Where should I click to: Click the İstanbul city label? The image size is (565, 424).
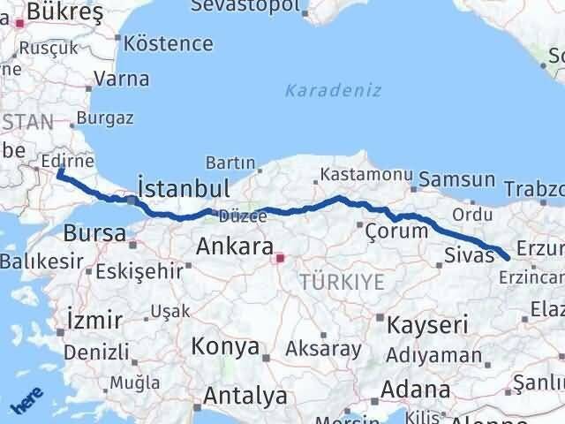point(185,188)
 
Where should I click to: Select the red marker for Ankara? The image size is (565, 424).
point(280,259)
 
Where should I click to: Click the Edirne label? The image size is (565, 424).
point(68,162)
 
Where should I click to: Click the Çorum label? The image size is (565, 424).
point(397,230)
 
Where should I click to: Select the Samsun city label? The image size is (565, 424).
point(456,179)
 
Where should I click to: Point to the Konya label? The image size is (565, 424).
point(225,345)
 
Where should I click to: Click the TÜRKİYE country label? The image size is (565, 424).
point(342,283)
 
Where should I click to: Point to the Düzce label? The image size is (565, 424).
point(236,216)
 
